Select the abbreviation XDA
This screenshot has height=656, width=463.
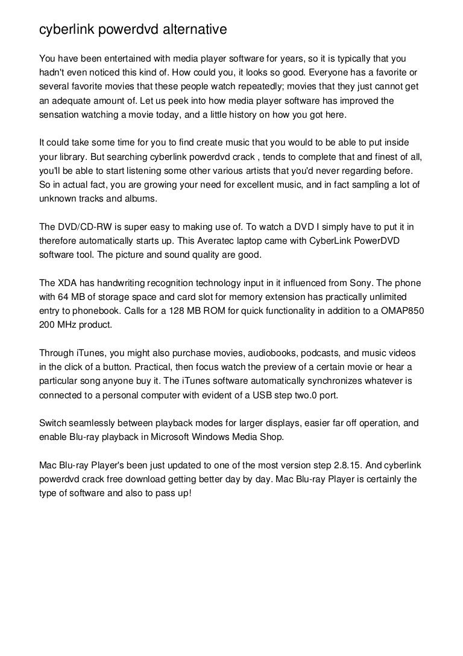point(68,283)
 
